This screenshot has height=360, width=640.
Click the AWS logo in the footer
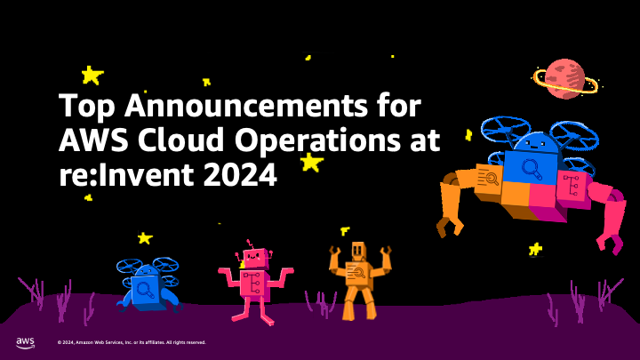[x=25, y=342]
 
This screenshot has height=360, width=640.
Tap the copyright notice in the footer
[x=131, y=342]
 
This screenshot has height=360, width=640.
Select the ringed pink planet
[x=564, y=79]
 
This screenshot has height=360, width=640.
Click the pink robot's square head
[x=253, y=259]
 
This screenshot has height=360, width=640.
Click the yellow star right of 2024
[x=310, y=162]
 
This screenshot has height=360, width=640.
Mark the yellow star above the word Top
[x=91, y=75]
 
